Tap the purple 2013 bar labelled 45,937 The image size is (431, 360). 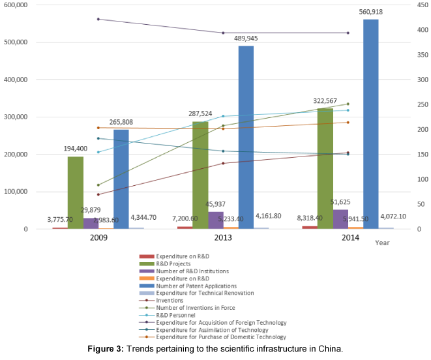216,220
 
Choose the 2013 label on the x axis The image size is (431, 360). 223,237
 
